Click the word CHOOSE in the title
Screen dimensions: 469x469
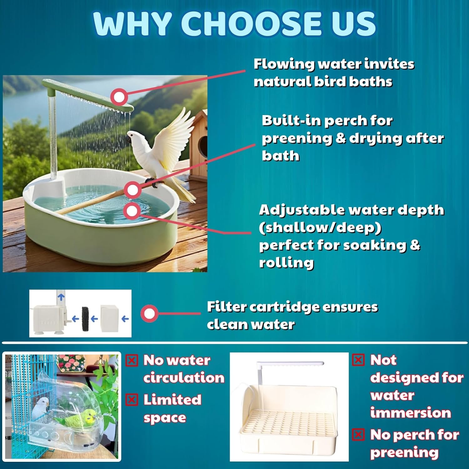coord(251,24)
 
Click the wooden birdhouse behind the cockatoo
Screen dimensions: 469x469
coord(200,141)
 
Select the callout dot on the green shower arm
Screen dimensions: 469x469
coord(119,97)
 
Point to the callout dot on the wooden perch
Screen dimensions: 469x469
coord(133,189)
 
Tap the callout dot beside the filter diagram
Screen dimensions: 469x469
coord(149,313)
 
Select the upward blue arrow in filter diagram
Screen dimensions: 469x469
coord(61,296)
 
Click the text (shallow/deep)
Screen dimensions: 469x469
coord(320,228)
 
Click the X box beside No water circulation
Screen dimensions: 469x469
coord(132,361)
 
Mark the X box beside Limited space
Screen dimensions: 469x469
coord(132,400)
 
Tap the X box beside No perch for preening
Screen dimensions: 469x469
coord(358,435)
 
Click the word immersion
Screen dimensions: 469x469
coord(411,413)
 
